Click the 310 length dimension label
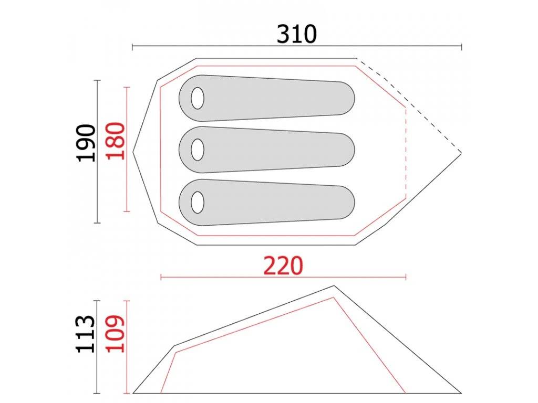[x=296, y=34]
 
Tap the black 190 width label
[x=86, y=143]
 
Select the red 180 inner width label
[x=115, y=141]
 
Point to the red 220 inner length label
[x=283, y=266]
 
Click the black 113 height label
[x=85, y=334]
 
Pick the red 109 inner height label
[x=115, y=333]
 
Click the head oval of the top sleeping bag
[x=198, y=98]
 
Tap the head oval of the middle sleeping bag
[x=198, y=150]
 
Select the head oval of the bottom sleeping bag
[x=198, y=202]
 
